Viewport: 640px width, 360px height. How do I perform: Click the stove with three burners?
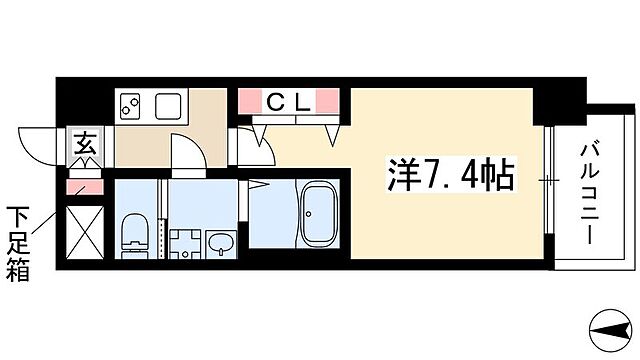132,103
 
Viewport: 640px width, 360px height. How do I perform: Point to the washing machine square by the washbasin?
183,243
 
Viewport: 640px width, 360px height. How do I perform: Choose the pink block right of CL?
329,100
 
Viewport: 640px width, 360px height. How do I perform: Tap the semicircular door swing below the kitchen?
187,152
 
